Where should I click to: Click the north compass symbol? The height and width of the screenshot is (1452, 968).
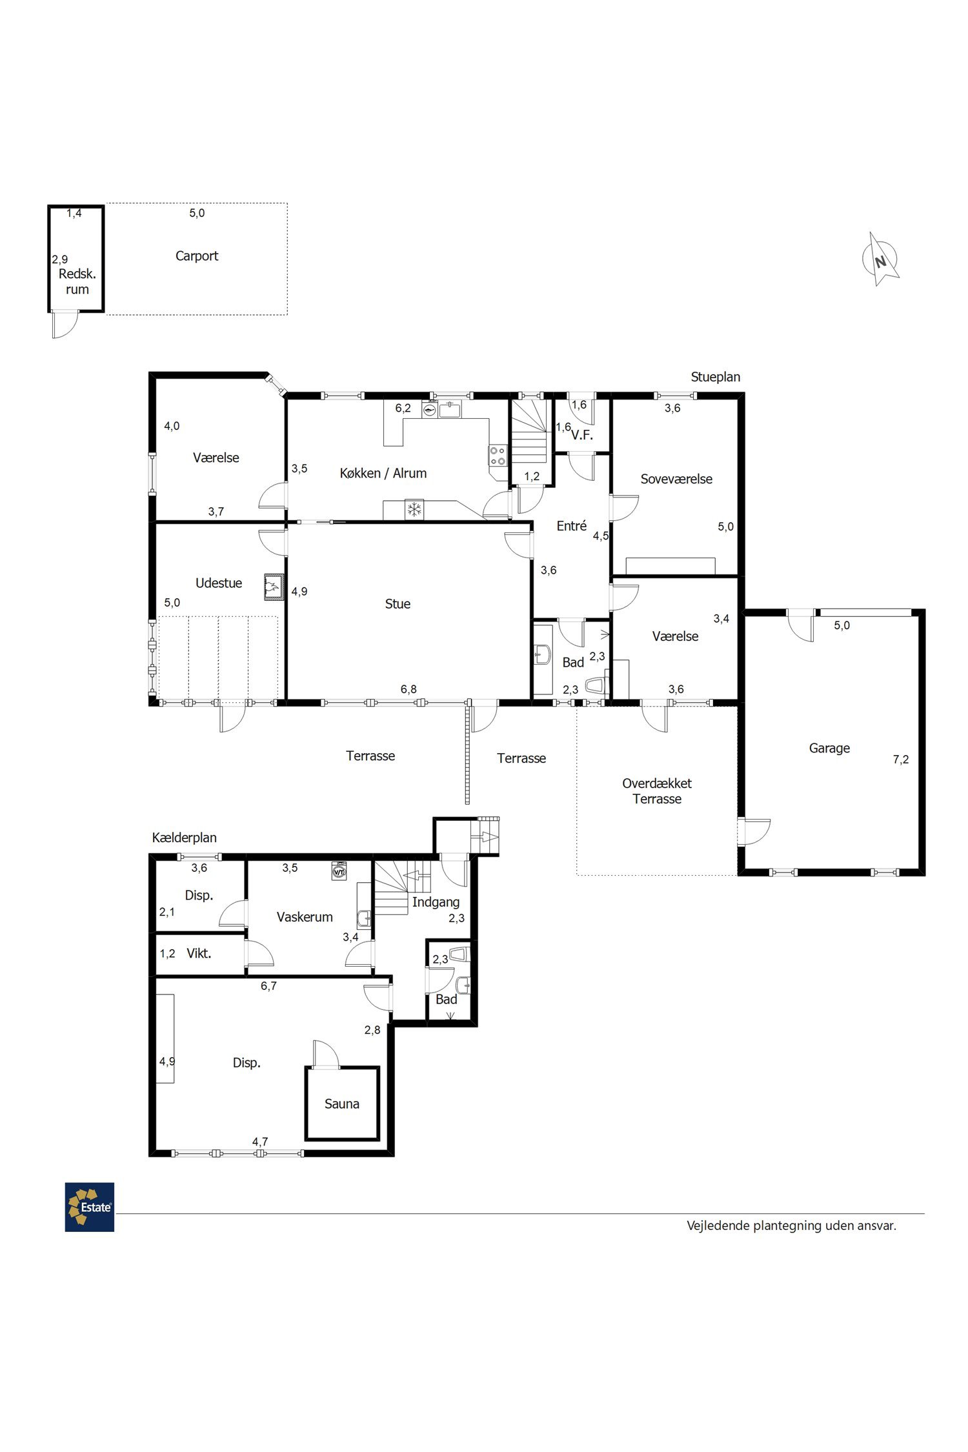click(x=880, y=259)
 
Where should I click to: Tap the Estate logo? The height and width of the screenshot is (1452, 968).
click(x=90, y=1207)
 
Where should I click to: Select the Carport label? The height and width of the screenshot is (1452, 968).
click(x=197, y=256)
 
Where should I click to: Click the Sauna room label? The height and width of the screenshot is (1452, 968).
click(x=341, y=1104)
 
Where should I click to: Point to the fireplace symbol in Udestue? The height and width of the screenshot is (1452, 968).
click(x=274, y=587)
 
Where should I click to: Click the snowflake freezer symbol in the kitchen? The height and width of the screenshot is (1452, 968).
click(x=414, y=509)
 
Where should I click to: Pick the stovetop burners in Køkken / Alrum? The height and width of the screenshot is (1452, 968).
click(x=498, y=456)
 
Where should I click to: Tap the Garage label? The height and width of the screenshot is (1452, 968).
click(x=829, y=749)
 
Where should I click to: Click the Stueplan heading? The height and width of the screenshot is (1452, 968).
click(x=716, y=377)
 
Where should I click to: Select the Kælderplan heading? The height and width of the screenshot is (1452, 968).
click(x=184, y=838)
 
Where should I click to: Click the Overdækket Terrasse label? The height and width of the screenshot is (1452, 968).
click(x=657, y=791)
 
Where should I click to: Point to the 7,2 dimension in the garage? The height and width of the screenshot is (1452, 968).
click(x=901, y=760)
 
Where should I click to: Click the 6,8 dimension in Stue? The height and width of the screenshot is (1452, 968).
click(x=408, y=689)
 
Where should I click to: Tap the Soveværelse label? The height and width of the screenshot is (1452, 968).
click(x=676, y=479)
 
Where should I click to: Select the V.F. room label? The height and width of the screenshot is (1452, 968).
click(x=582, y=435)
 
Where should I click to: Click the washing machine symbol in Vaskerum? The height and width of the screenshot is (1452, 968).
click(x=339, y=871)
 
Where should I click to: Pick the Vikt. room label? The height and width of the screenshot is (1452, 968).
click(x=199, y=953)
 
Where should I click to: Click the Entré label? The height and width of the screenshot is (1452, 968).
click(x=572, y=526)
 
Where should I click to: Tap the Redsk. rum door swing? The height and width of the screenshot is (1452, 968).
click(x=65, y=325)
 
